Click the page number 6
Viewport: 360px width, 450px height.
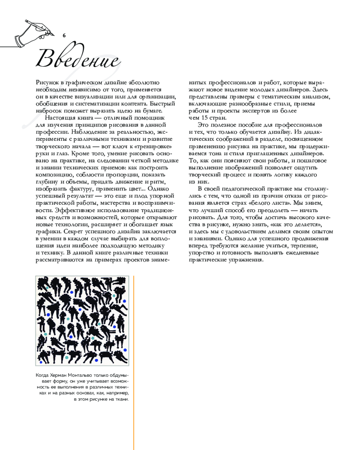64,35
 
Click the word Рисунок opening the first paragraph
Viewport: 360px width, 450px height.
47,82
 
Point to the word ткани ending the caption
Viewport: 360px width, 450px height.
121,399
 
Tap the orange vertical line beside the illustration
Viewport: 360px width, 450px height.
134,360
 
